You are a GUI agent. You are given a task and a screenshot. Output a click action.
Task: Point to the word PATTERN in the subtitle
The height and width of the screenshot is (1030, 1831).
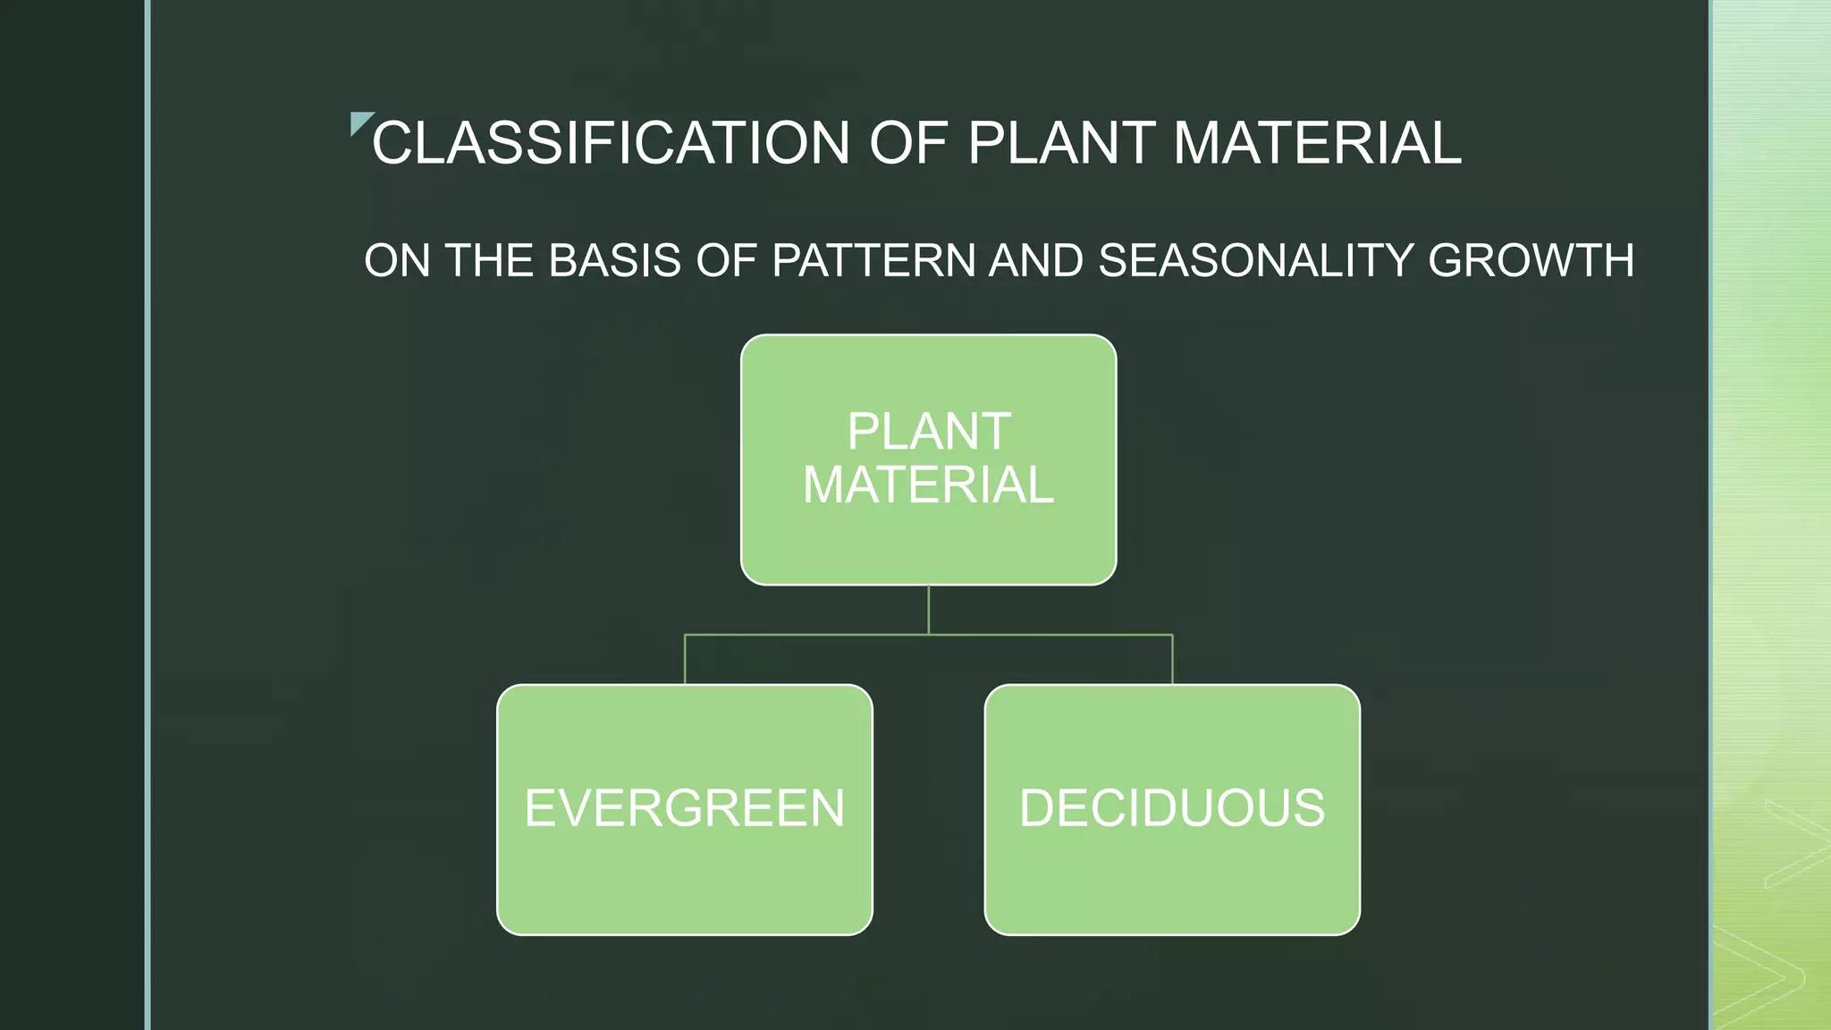click(873, 261)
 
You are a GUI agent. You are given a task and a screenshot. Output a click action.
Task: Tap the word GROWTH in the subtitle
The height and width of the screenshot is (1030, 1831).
click(1531, 261)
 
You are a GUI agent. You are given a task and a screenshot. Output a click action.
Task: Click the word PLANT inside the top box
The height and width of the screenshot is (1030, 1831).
click(929, 432)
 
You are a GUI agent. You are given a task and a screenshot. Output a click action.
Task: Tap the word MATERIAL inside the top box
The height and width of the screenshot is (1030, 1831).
click(929, 485)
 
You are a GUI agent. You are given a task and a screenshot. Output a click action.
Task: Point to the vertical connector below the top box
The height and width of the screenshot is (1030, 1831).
click(929, 609)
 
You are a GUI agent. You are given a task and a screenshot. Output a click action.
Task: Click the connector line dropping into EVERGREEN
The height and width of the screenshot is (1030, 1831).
click(685, 660)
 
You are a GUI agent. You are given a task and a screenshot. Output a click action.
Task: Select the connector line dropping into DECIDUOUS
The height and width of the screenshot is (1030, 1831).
click(1172, 660)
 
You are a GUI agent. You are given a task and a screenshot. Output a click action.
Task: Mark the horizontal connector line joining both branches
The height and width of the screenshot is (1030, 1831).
click(805, 635)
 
